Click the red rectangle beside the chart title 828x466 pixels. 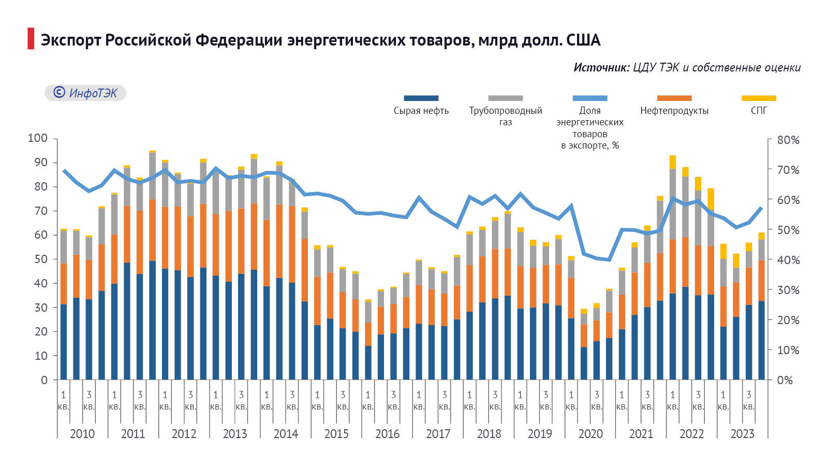31,39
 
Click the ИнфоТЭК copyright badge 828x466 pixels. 85,93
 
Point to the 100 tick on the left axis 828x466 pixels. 37,138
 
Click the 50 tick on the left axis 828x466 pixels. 41,259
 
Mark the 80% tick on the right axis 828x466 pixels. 788,140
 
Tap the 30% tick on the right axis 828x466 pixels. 788,290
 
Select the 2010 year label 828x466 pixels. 82,434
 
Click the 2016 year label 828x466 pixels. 387,434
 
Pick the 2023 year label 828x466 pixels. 742,434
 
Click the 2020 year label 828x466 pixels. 590,434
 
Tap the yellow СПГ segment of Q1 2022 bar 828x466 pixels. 672,162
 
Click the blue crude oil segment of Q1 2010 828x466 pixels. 64,342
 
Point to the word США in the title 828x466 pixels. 583,40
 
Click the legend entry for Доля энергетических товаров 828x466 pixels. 590,127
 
